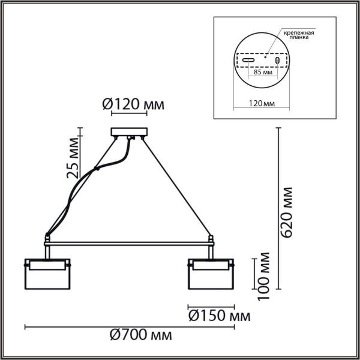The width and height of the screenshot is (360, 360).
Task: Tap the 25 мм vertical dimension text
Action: pyautogui.click(x=73, y=157)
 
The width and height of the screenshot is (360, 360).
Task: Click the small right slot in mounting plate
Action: pyautogui.click(x=277, y=61)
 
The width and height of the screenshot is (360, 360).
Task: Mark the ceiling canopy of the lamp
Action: pyautogui.click(x=128, y=133)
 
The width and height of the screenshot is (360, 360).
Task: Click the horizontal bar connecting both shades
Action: pyautogui.click(x=128, y=244)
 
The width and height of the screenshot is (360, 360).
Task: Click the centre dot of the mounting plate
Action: pyautogui.click(x=263, y=61)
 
